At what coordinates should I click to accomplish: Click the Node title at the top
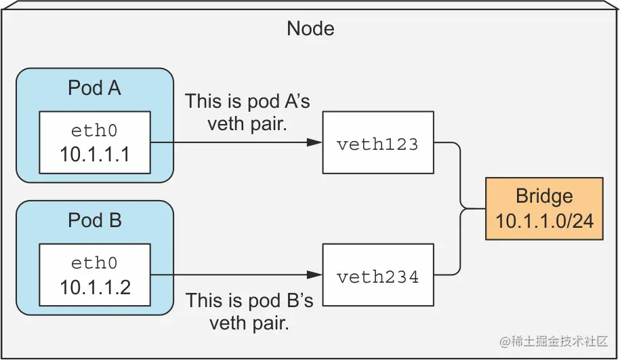tap(310, 28)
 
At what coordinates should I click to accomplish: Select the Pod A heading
tap(94, 88)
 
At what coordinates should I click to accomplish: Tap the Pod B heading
tap(94, 220)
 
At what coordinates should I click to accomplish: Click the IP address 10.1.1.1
tap(94, 154)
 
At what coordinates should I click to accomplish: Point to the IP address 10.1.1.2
tap(95, 287)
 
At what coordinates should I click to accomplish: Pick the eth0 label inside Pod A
tap(94, 130)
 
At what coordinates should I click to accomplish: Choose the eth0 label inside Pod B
tap(94, 263)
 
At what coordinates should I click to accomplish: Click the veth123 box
tap(377, 144)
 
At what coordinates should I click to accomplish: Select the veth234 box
tap(377, 276)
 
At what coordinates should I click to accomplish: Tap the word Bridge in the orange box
tap(544, 197)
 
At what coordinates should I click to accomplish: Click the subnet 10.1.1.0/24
tap(544, 220)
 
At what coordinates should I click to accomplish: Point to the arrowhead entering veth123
tap(314, 143)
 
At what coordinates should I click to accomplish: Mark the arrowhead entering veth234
tap(314, 275)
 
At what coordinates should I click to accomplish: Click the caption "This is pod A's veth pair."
tap(248, 112)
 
